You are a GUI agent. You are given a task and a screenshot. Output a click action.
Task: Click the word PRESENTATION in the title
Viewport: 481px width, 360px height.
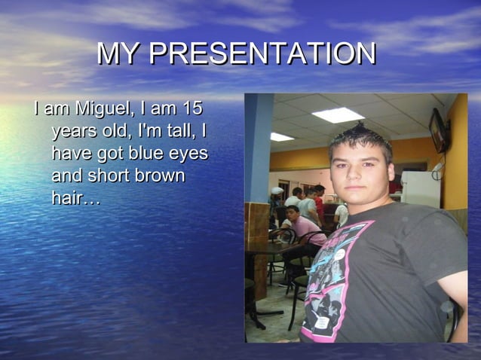pos(262,54)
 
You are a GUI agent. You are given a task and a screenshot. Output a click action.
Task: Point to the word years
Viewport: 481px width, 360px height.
pos(75,132)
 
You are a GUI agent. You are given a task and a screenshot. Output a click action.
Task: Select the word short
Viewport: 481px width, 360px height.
pos(109,176)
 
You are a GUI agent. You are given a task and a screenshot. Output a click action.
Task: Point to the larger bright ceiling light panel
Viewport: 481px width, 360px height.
pos(338,115)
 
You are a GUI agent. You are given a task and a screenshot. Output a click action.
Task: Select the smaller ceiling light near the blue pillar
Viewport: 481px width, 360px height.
pos(281,137)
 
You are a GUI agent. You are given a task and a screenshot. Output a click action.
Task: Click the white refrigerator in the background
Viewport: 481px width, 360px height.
pos(420,188)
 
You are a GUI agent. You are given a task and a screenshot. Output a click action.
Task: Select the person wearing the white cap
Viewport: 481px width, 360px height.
pos(277,197)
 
